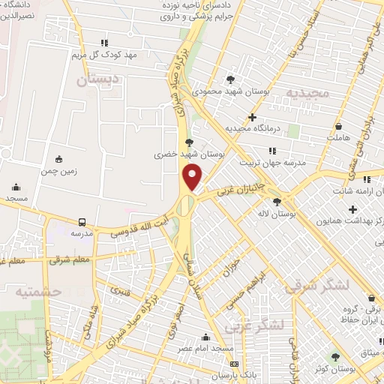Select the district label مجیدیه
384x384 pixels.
(x=307, y=92)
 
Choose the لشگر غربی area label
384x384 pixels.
(x=278, y=324)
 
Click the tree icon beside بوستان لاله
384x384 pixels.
(x=277, y=201)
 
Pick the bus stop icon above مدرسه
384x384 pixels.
(x=81, y=222)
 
